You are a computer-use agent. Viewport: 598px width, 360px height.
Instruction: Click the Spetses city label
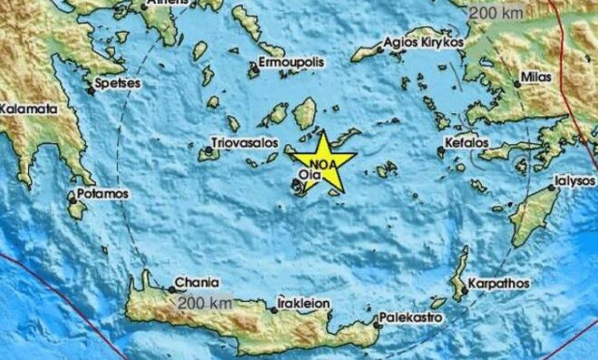tap(118, 83)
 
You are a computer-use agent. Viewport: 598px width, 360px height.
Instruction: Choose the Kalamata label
tap(28, 108)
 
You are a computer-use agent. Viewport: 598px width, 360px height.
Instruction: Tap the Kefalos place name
tap(468, 142)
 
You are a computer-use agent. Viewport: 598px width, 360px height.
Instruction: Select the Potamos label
tap(104, 194)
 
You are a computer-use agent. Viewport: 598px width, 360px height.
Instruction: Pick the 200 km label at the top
tap(495, 13)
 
